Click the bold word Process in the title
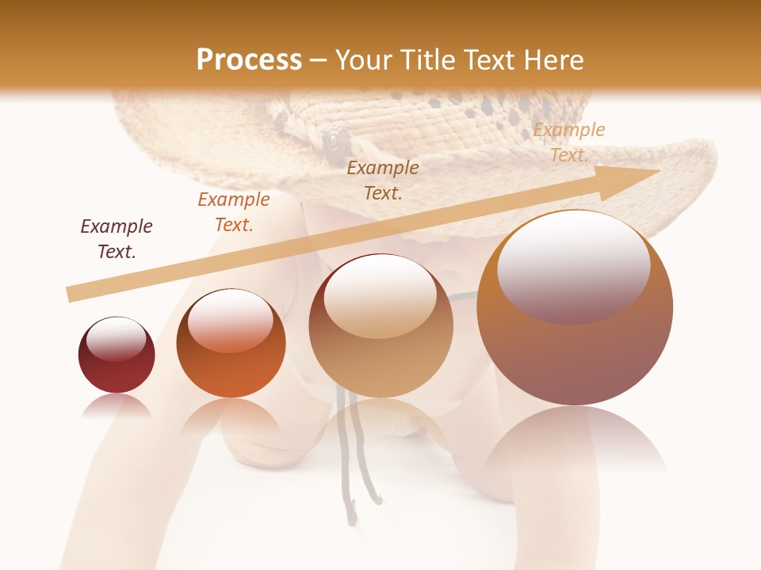tap(249, 59)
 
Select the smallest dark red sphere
tap(117, 355)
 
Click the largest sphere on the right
tap(575, 309)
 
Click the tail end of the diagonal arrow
tap(70, 295)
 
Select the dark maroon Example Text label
tap(117, 239)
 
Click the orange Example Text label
tap(234, 212)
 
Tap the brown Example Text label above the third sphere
tap(383, 180)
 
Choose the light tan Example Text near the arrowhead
tap(568, 142)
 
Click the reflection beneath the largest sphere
tap(575, 443)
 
